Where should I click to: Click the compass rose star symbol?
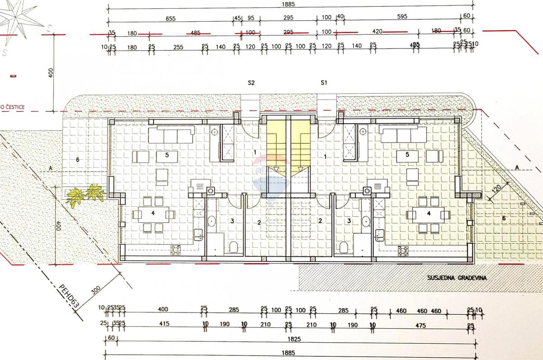18,18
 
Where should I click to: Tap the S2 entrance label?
252,83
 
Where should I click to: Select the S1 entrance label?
324,83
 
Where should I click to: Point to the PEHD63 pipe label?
70,296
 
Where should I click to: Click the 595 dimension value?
402,17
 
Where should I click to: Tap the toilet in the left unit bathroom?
233,247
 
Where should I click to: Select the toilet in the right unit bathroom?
343,247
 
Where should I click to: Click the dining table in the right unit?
427,214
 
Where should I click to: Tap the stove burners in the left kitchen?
176,249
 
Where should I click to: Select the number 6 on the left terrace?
77,159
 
